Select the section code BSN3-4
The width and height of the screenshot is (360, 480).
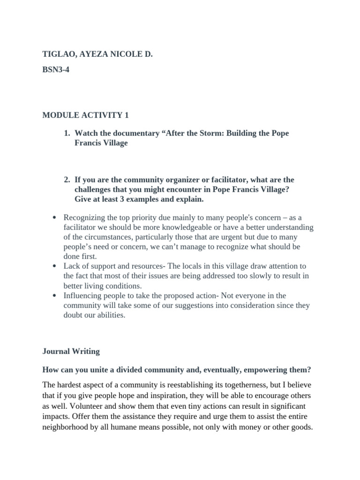coord(56,74)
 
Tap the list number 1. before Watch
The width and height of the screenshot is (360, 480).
coord(67,134)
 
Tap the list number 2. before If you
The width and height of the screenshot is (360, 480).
coord(67,180)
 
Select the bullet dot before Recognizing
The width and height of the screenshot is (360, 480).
coord(55,218)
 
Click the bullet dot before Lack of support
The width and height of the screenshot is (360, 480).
coord(55,266)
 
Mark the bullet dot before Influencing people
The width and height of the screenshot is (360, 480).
coord(55,296)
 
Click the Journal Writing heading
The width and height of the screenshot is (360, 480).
coord(71,351)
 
